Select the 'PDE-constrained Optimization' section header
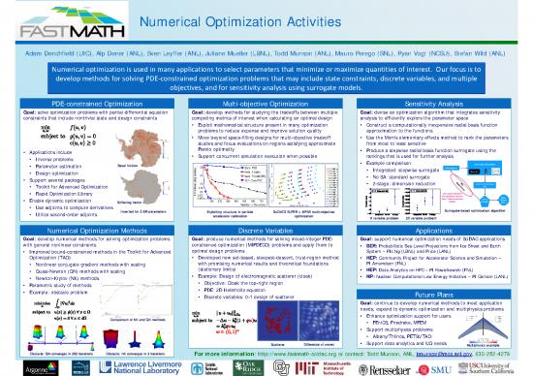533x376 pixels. pyautogui.click(x=89, y=102)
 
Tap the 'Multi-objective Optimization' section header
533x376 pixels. pyautogui.click(x=266, y=102)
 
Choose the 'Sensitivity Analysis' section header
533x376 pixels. pyautogui.click(x=442, y=102)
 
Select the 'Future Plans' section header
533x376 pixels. pyautogui.click(x=442, y=292)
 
